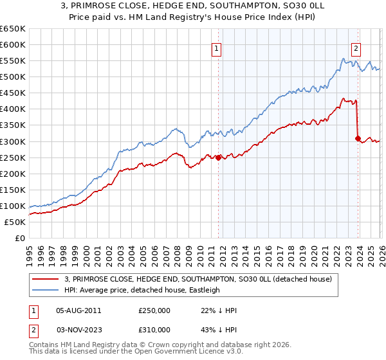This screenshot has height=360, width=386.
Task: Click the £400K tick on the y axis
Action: click(x=12, y=109)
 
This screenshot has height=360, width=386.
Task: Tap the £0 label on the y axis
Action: click(x=20, y=238)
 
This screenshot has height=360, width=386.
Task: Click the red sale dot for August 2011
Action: click(x=218, y=157)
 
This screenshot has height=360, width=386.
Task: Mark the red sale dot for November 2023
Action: click(x=358, y=138)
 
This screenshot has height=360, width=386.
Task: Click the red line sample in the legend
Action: click(x=46, y=279)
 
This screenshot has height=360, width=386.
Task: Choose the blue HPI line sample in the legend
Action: click(x=46, y=290)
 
